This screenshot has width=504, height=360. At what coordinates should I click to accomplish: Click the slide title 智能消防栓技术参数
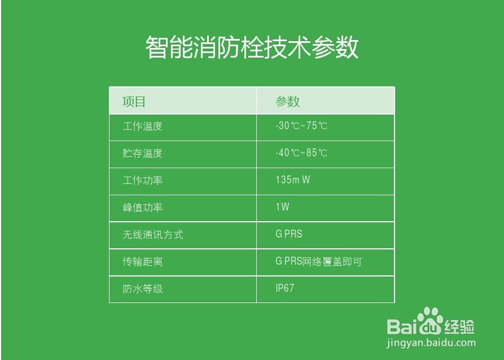(252, 48)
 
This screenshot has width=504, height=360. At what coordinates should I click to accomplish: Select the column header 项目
(134, 102)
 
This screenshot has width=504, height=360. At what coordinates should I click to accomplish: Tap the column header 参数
(288, 102)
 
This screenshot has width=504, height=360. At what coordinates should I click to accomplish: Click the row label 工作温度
(143, 126)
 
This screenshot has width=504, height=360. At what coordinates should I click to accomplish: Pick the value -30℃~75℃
(301, 126)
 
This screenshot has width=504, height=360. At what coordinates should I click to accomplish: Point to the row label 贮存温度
(143, 153)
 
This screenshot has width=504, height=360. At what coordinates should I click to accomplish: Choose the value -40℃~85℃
(301, 153)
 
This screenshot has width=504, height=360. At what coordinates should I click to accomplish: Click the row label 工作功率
(143, 181)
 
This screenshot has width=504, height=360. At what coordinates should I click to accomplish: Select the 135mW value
(293, 180)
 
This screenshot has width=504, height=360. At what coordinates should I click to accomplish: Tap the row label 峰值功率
(143, 208)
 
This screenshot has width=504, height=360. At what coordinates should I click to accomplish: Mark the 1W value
(282, 207)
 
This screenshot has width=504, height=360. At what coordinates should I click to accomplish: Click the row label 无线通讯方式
(153, 235)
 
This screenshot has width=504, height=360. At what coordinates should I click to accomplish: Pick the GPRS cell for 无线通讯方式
(289, 234)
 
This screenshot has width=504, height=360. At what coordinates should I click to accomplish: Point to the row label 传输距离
(143, 262)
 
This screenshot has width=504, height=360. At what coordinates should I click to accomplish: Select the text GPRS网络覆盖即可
(318, 261)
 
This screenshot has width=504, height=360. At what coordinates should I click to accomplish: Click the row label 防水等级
(143, 289)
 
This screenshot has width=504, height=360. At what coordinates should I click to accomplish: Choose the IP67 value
(285, 288)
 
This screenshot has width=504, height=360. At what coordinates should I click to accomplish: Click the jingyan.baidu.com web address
(431, 343)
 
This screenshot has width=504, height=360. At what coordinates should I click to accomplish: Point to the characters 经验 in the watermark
(459, 326)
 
